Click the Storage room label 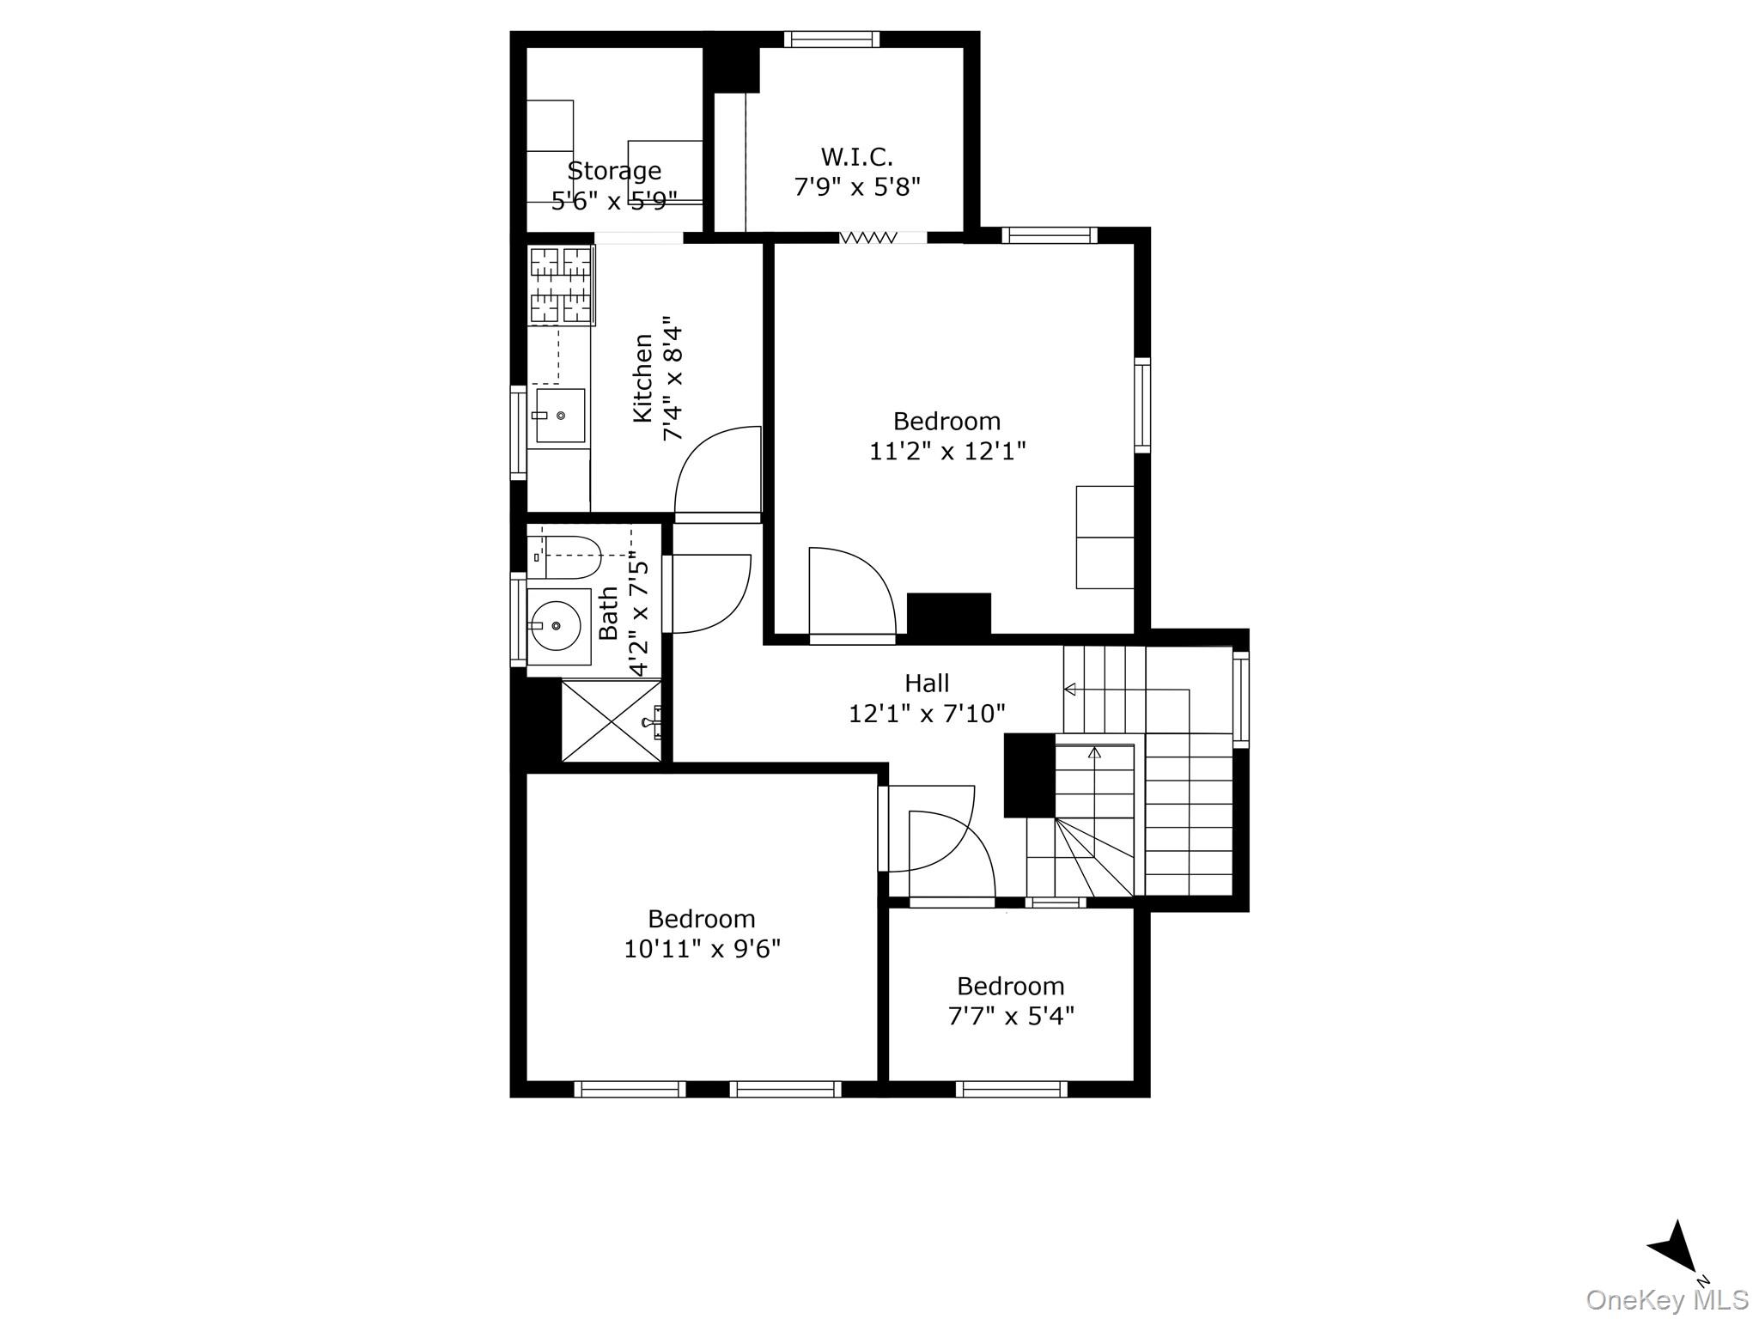click(614, 170)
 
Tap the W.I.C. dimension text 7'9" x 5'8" click(857, 186)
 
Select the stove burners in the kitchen click(562, 285)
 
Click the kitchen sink click(559, 416)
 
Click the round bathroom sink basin click(555, 626)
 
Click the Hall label click(927, 684)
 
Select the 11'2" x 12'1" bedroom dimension click(947, 451)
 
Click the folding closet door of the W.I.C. click(868, 237)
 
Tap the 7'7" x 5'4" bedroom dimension click(1011, 1016)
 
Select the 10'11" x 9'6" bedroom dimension click(702, 949)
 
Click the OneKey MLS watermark click(1666, 1300)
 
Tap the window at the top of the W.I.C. click(831, 39)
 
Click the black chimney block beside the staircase click(1029, 775)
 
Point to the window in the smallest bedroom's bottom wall click(1011, 1089)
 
